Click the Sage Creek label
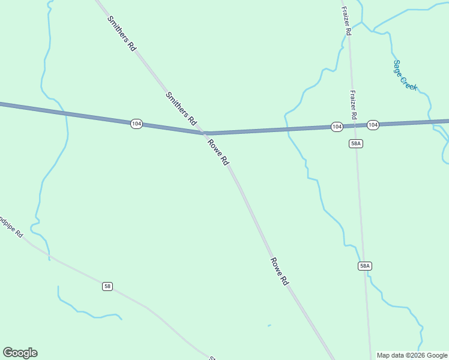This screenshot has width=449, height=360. [x=405, y=75]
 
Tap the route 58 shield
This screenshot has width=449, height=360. [x=107, y=286]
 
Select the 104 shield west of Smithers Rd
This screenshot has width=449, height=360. [x=136, y=124]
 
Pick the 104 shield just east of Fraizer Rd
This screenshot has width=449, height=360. [x=373, y=125]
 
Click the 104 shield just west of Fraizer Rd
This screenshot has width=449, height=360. [x=337, y=127]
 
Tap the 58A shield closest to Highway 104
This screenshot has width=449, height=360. [x=356, y=143]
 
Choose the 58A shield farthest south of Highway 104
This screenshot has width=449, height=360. [x=365, y=266]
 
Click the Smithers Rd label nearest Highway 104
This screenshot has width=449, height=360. [x=181, y=108]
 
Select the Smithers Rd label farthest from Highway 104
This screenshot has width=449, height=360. [x=122, y=33]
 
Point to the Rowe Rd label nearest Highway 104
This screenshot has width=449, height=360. [x=218, y=152]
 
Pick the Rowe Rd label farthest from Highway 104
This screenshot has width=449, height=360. [x=280, y=271]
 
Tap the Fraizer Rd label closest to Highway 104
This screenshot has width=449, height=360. [x=354, y=104]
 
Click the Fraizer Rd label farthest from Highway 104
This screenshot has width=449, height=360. [x=346, y=20]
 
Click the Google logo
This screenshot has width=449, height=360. [x=20, y=353]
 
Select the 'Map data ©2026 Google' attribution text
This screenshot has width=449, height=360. [x=412, y=355]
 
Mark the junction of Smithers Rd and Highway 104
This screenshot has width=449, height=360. [x=206, y=133]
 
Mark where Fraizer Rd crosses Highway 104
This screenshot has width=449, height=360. [x=355, y=125]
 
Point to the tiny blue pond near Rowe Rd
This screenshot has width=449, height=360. [x=269, y=326]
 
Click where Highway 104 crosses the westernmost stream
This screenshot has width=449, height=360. [x=65, y=112]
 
